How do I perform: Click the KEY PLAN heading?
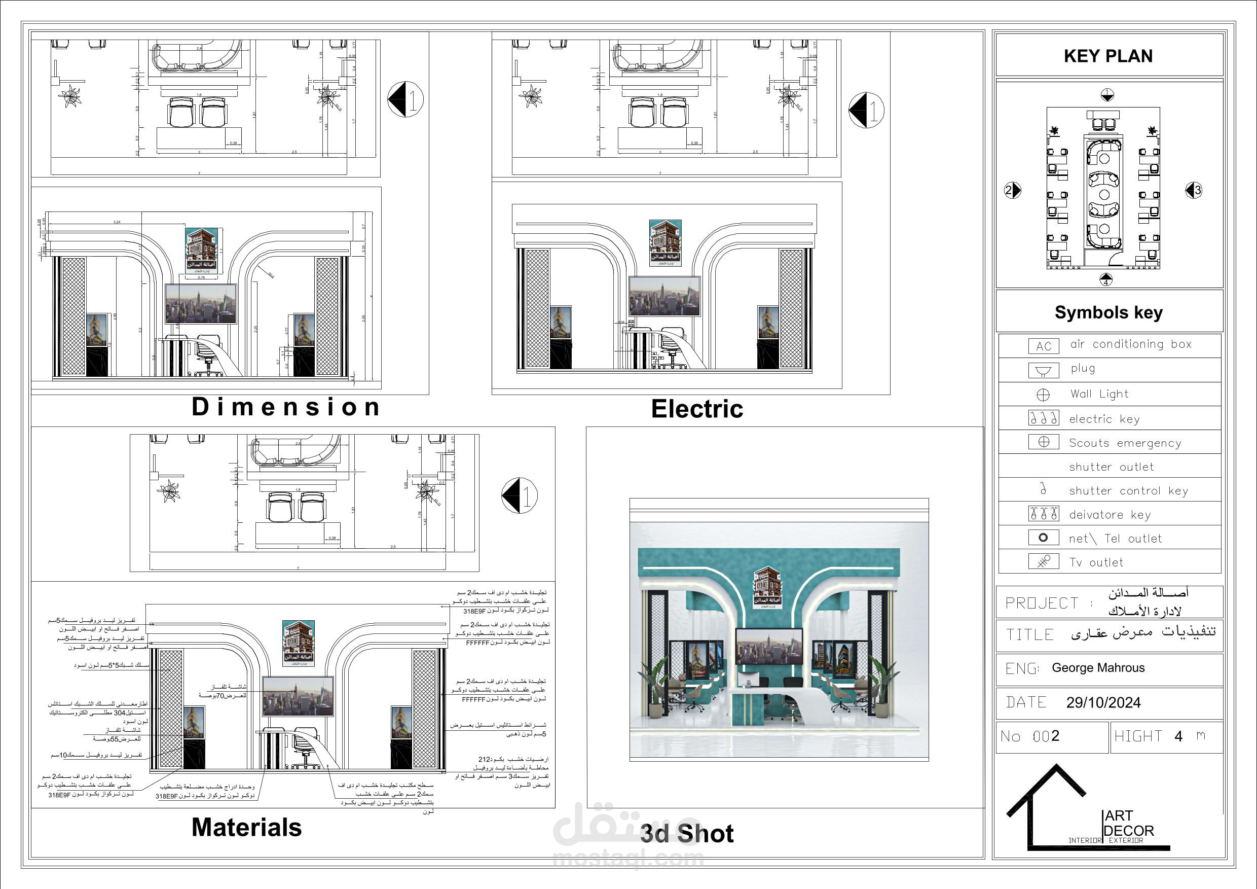(x=1108, y=56)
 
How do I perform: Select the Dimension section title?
(x=286, y=407)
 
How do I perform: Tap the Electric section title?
(x=697, y=409)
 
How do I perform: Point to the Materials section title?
(x=246, y=827)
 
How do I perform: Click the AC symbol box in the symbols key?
(x=1044, y=346)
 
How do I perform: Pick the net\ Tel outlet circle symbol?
(x=1043, y=538)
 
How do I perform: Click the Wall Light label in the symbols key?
(x=1099, y=394)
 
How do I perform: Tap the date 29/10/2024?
(x=1103, y=703)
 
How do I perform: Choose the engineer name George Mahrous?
(x=1098, y=668)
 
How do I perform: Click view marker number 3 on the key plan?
(x=1194, y=190)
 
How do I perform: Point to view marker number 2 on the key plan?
(x=1012, y=190)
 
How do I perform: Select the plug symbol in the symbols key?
(x=1044, y=371)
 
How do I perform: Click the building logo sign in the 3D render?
(x=770, y=587)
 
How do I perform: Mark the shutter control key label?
(x=1128, y=491)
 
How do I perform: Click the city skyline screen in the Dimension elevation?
(x=201, y=304)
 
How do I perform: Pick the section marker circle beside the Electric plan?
(x=866, y=110)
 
